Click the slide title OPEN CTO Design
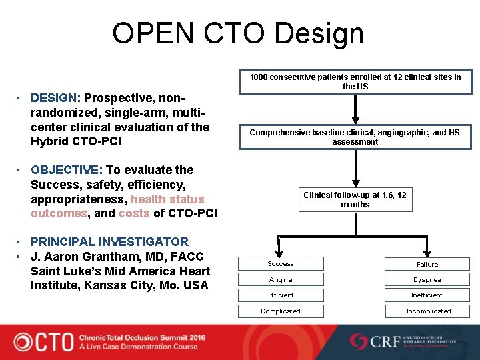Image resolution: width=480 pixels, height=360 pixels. [238, 33]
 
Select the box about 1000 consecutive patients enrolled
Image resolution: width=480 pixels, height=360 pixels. [355, 82]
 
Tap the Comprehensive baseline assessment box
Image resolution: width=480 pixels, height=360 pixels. [355, 137]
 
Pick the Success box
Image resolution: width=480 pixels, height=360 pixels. [281, 264]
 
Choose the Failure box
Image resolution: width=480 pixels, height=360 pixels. [427, 264]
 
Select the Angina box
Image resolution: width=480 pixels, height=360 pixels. [281, 279]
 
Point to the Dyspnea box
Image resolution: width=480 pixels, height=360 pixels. [427, 279]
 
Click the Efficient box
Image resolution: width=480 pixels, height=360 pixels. [281, 295]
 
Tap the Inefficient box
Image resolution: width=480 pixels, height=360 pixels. [427, 295]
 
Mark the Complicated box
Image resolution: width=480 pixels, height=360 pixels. [281, 311]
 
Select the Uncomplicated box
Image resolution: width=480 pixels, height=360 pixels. [427, 311]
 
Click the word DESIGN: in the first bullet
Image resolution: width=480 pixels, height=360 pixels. [55, 98]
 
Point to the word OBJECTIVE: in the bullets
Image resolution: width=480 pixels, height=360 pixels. [65, 170]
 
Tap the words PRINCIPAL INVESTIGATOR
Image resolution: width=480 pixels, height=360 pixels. [109, 241]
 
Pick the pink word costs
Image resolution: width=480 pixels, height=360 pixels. [134, 213]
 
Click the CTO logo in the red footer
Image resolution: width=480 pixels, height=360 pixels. [44, 341]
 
